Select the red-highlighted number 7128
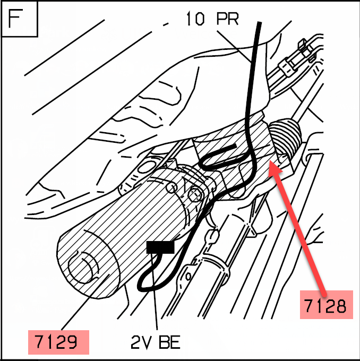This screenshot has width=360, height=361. pyautogui.click(x=325, y=306)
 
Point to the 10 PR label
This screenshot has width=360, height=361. pyautogui.click(x=212, y=19)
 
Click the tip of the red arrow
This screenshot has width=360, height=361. pyautogui.click(x=270, y=165)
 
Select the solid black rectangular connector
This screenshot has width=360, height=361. pyautogui.click(x=160, y=246)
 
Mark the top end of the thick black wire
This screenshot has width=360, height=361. pyautogui.click(x=259, y=23)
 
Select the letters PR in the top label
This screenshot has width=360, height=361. pyautogui.click(x=227, y=19)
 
